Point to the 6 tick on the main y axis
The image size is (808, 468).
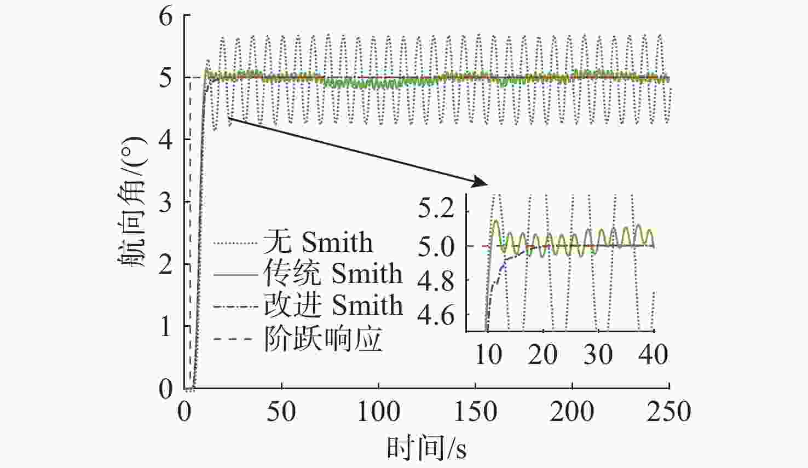[165, 15]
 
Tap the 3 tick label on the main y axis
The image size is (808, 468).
[165, 203]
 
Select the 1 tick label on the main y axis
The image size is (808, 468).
[165, 327]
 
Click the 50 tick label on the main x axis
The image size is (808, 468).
[281, 412]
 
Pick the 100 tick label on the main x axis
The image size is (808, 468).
[378, 412]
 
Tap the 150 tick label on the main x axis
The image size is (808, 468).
[475, 412]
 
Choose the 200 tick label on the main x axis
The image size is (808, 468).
[572, 412]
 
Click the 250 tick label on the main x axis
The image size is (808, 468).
[669, 412]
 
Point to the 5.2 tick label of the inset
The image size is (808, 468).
[436, 210]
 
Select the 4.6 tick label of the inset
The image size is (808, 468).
[436, 316]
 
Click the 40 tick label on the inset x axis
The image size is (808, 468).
[654, 355]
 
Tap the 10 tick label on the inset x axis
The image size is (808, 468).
[488, 355]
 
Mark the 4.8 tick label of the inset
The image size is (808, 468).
[436, 281]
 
